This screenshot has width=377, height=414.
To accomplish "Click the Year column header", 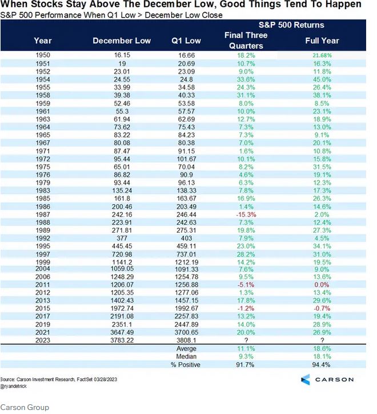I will pyautogui.click(x=43, y=40).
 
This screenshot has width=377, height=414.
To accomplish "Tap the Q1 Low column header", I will pyautogui.click(x=186, y=40).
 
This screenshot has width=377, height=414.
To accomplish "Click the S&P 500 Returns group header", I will pyautogui.click(x=291, y=25).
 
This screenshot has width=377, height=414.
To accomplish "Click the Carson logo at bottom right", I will pyautogui.click(x=327, y=379).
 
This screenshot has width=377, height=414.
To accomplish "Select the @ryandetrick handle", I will pyautogui.click(x=17, y=385).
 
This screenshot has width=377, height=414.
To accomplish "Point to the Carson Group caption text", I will pyautogui.click(x=25, y=407).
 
